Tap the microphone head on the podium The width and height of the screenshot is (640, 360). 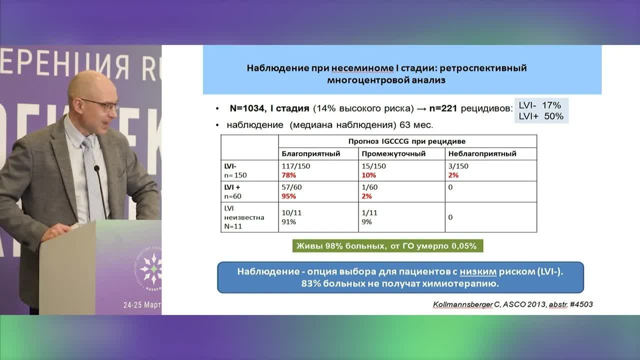96,169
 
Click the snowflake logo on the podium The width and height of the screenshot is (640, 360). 150,268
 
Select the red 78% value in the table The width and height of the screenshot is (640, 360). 289,175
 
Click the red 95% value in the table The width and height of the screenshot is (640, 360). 289,196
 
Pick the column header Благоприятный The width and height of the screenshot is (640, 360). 311,153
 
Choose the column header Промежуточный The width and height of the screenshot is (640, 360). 393,153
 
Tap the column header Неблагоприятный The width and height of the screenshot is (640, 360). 482,153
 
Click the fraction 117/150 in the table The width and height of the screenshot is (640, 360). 295,166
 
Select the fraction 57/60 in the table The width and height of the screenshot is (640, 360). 292,186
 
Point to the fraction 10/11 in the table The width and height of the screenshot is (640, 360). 292,212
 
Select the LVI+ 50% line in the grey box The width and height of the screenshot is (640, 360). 541,116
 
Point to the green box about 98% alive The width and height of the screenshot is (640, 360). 388,246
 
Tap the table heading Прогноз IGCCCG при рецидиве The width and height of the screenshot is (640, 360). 407,141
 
